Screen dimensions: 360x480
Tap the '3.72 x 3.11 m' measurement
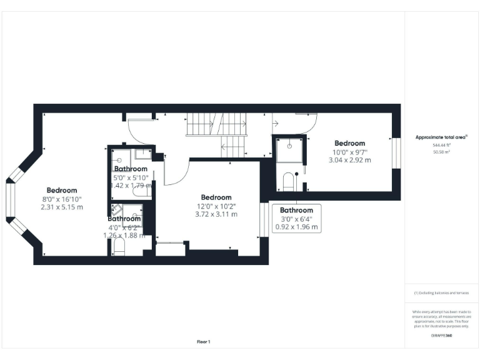click(x=216, y=214)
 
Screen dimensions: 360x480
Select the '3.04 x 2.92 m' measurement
click(x=349, y=160)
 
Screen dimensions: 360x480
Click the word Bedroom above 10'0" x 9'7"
click(x=349, y=143)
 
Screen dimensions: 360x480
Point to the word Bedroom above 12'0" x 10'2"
click(x=216, y=197)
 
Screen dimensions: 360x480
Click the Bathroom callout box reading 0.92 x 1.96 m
click(x=296, y=218)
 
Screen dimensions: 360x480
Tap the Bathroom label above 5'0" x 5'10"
click(x=131, y=169)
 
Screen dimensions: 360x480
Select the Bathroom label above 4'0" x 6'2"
click(x=124, y=219)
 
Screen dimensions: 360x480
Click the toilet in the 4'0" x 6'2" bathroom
click(x=120, y=248)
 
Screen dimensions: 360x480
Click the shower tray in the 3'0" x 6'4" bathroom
click(x=289, y=150)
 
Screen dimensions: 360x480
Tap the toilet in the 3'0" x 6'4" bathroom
click(x=288, y=182)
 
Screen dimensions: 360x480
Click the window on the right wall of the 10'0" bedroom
click(x=395, y=152)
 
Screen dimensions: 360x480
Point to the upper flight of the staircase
click(x=216, y=124)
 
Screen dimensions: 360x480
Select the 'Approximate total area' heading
click(x=441, y=137)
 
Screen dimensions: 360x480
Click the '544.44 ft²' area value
click(x=441, y=144)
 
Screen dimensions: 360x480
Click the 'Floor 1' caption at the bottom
click(x=204, y=342)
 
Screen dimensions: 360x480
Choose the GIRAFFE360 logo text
click(x=441, y=336)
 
